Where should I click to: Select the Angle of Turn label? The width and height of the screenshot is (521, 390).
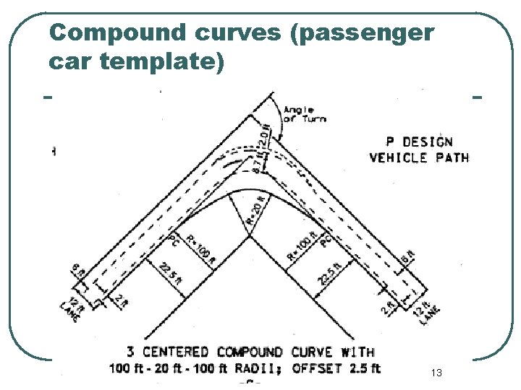coord(304,113)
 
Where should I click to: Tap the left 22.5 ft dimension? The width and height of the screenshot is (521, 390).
coord(170,277)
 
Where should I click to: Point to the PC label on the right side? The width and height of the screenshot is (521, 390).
coord(326,239)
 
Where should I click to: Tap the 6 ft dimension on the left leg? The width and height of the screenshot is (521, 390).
coord(78,272)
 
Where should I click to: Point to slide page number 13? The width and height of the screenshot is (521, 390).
coord(436,373)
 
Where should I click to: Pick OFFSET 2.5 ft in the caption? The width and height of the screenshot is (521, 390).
coord(336,369)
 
